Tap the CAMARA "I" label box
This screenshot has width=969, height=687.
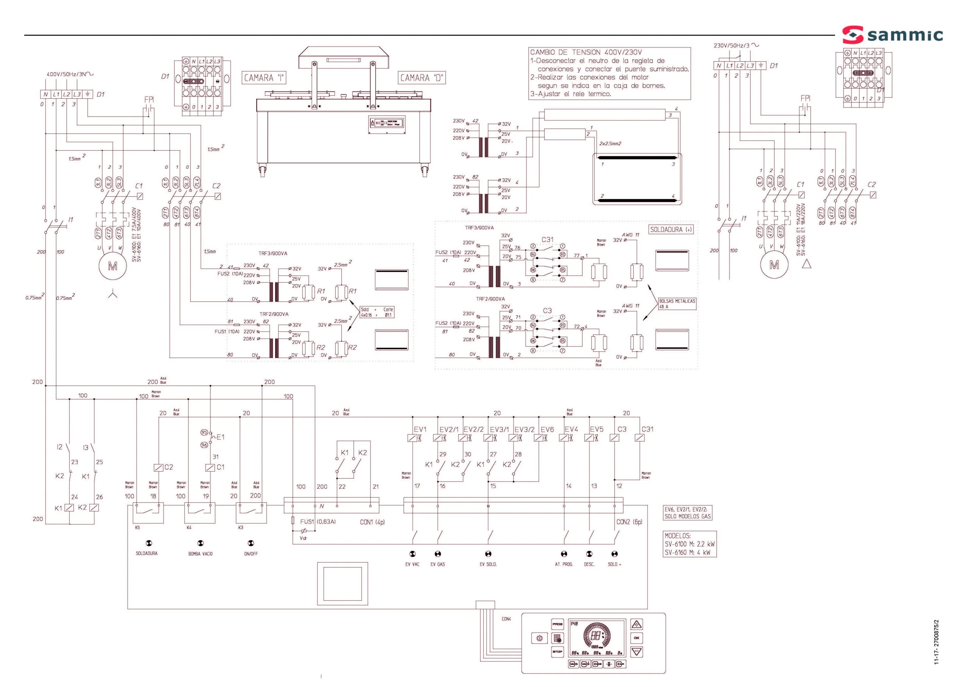(264, 78)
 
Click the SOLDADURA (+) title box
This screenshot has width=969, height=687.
(671, 230)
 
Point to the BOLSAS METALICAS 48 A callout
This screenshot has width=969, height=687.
(677, 304)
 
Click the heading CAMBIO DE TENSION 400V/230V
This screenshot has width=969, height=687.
(586, 53)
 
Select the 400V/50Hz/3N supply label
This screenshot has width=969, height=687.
(70, 75)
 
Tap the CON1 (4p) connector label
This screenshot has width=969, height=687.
(372, 522)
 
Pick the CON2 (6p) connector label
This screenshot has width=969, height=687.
(629, 522)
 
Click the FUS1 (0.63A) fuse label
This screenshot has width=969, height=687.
(318, 522)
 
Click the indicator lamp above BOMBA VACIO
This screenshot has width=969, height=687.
(201, 543)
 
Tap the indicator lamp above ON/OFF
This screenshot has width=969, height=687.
(251, 543)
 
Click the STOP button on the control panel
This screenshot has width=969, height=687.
(557, 652)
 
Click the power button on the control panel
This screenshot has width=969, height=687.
(539, 638)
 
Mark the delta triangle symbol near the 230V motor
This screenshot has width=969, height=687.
(807, 264)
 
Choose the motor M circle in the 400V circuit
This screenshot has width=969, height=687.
(112, 266)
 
